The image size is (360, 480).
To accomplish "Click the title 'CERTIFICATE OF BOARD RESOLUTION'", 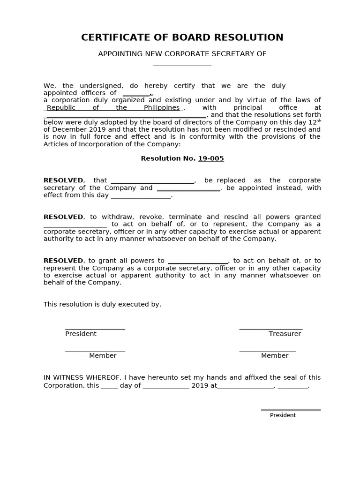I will [182, 37].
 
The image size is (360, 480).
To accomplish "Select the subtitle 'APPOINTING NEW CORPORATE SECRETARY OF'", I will [182, 54].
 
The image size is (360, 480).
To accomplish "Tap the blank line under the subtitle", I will [182, 65].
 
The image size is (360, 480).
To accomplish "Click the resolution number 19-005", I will [211, 158].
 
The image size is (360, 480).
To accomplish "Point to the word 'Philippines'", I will [162, 107].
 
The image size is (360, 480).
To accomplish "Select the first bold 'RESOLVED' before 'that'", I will [63, 180].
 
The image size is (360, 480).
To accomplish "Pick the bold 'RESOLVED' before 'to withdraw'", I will [63, 217].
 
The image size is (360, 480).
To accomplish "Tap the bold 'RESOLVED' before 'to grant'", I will [63, 261].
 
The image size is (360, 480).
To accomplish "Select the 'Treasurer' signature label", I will [285, 334].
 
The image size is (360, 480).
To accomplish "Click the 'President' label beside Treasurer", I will [81, 334].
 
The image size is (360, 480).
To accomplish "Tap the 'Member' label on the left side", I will [103, 356].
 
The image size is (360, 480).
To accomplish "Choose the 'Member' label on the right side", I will [275, 356].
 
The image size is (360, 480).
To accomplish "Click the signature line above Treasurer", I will [270, 329].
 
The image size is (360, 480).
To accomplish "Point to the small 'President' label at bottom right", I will [283, 415].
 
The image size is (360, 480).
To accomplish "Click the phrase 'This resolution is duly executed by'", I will [102, 304].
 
